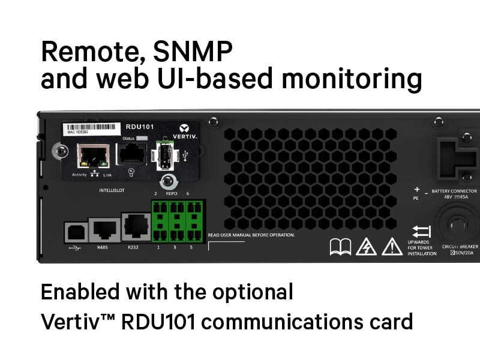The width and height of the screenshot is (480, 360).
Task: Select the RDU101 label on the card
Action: click(140, 127)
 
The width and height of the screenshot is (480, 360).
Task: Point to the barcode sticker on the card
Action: click(91, 128)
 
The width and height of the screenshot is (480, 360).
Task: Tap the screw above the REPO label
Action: click(168, 181)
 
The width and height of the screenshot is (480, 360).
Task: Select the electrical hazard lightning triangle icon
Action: click(366, 247)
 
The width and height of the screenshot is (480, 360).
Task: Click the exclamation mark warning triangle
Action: click(392, 247)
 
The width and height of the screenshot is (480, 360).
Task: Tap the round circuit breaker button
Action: click(457, 224)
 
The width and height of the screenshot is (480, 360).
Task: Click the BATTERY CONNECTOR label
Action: click(454, 191)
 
